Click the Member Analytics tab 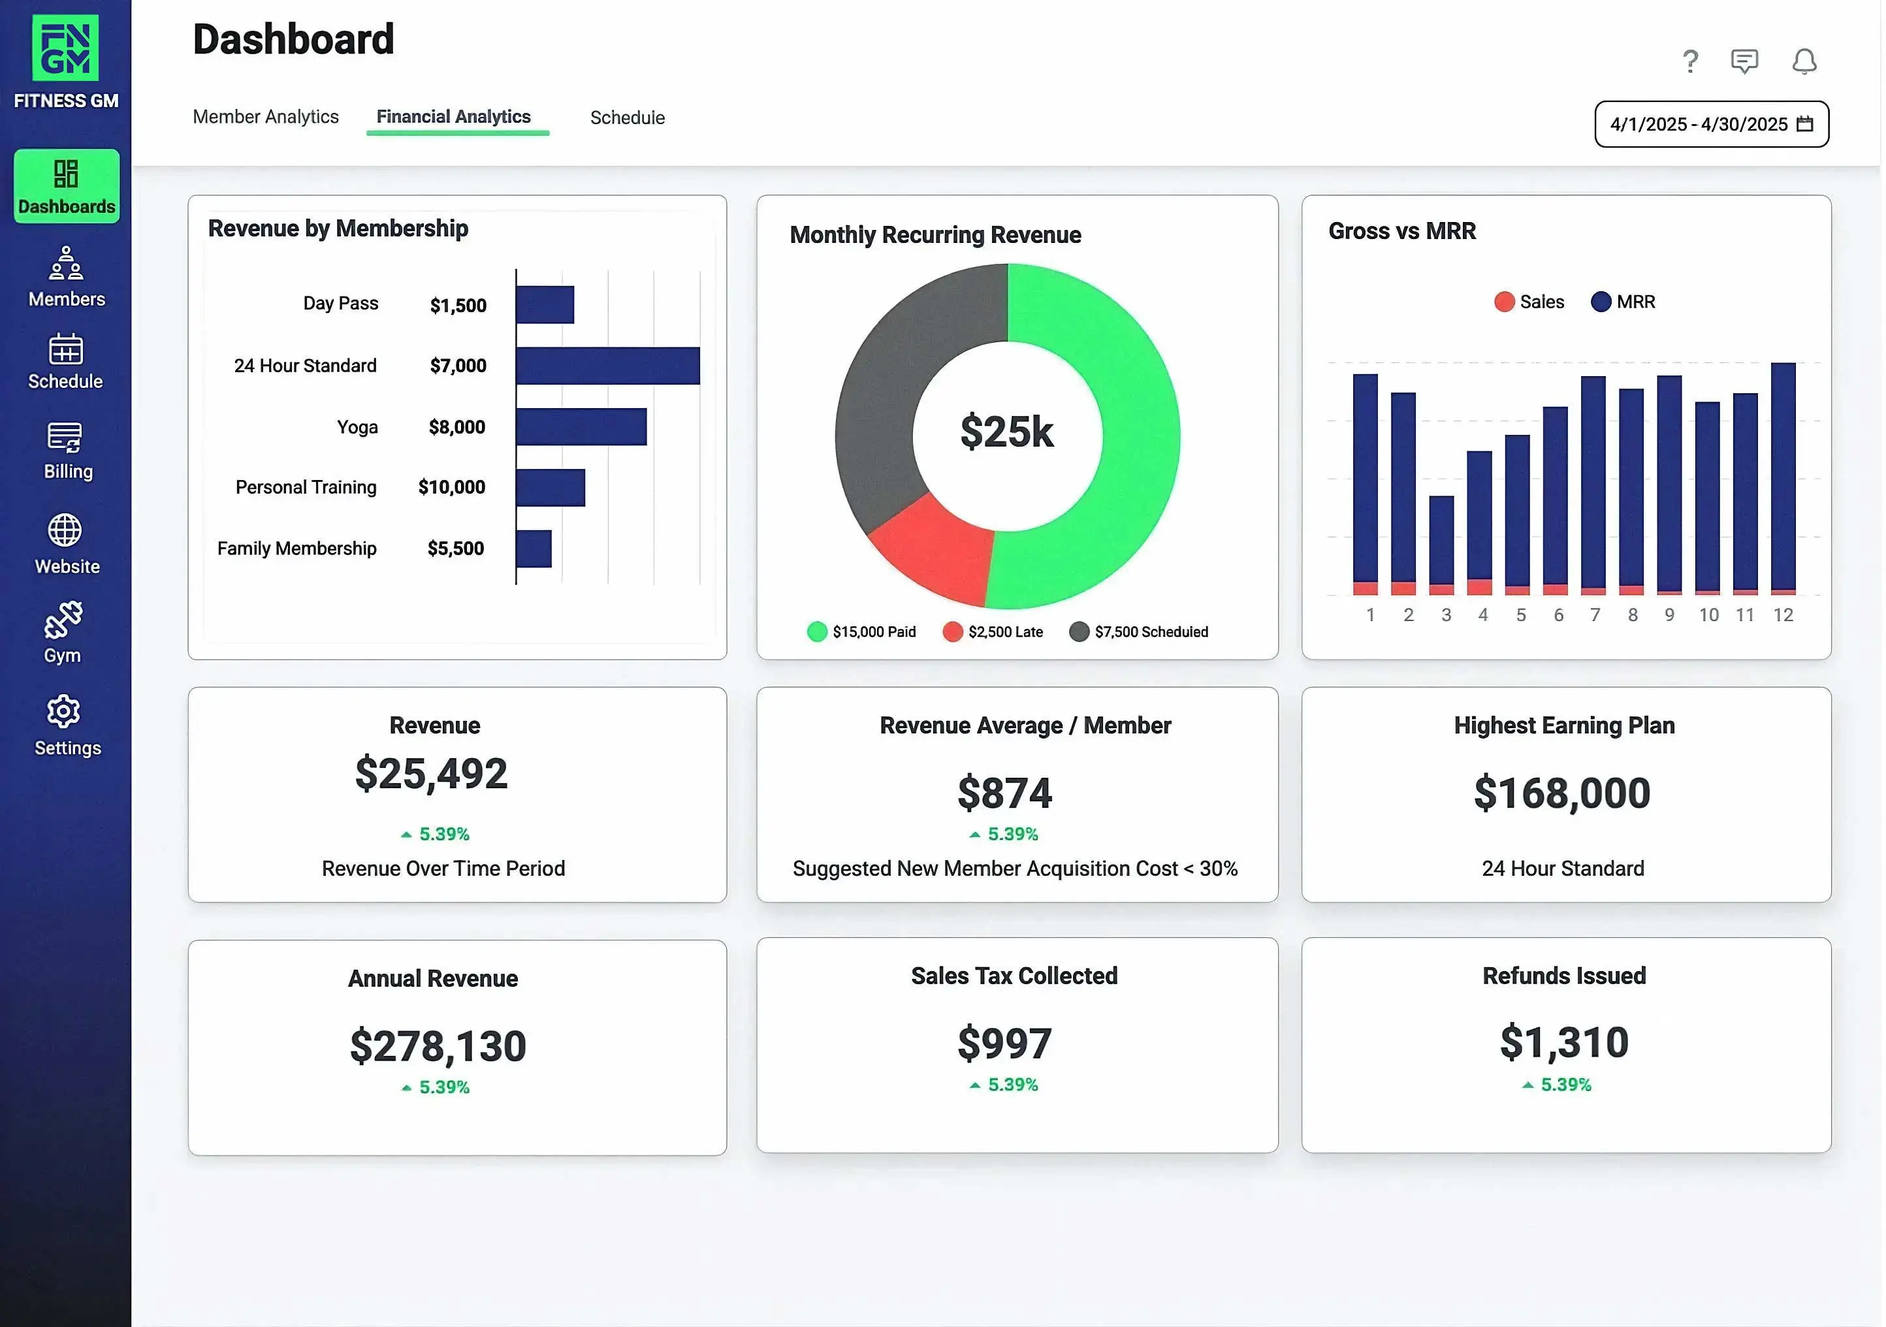pos(265,117)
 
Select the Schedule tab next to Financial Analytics pos(627,118)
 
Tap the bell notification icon pos(1803,61)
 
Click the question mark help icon pos(1689,61)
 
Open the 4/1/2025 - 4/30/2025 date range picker pos(1710,124)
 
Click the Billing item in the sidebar pos(67,450)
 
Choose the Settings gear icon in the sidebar pos(64,712)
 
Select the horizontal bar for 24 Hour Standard pos(607,366)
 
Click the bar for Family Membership pos(534,548)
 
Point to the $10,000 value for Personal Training pos(451,487)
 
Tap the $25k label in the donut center pos(1006,432)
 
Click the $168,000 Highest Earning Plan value pos(1561,793)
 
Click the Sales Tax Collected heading pos(1014,975)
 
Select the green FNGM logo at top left pos(66,48)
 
